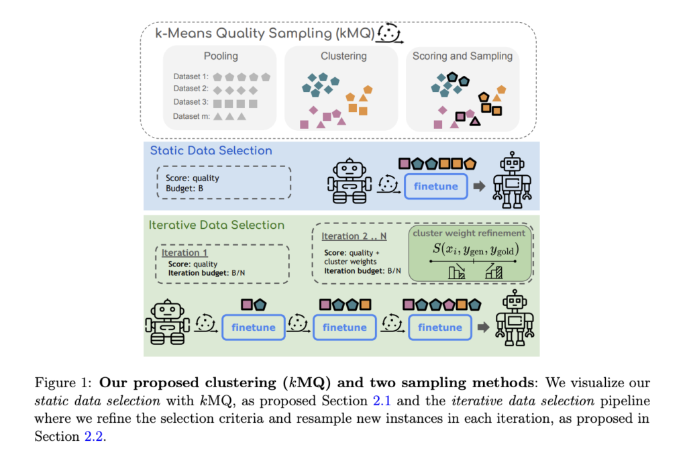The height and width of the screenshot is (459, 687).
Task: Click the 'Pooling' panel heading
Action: click(221, 56)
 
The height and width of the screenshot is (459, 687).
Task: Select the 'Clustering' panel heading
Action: click(343, 56)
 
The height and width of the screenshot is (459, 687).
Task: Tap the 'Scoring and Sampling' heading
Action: click(462, 56)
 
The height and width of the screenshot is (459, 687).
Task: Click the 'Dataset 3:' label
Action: click(191, 103)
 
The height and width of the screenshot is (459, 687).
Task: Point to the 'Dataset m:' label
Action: click(191, 116)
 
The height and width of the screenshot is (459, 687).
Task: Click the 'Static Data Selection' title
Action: click(211, 150)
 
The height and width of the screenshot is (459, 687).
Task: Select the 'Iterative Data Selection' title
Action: click(217, 225)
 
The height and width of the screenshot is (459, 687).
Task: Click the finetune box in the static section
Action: click(435, 186)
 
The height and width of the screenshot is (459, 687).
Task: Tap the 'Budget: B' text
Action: click(184, 189)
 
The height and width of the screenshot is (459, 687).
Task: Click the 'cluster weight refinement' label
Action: click(469, 233)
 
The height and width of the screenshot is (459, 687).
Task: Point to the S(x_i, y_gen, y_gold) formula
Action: click(469, 250)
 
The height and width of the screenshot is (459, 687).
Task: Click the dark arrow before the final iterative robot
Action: click(482, 327)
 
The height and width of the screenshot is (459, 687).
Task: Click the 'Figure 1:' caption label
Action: click(60, 383)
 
